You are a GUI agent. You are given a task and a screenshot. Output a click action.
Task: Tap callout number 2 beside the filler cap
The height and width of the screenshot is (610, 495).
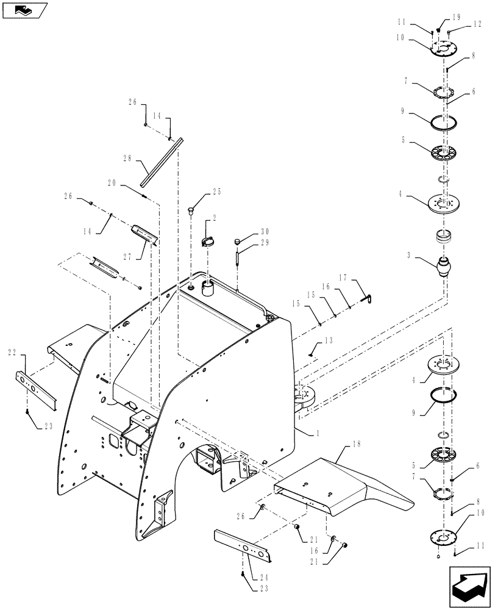point(214,218)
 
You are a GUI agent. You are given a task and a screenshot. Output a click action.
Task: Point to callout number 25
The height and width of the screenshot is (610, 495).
point(216,192)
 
